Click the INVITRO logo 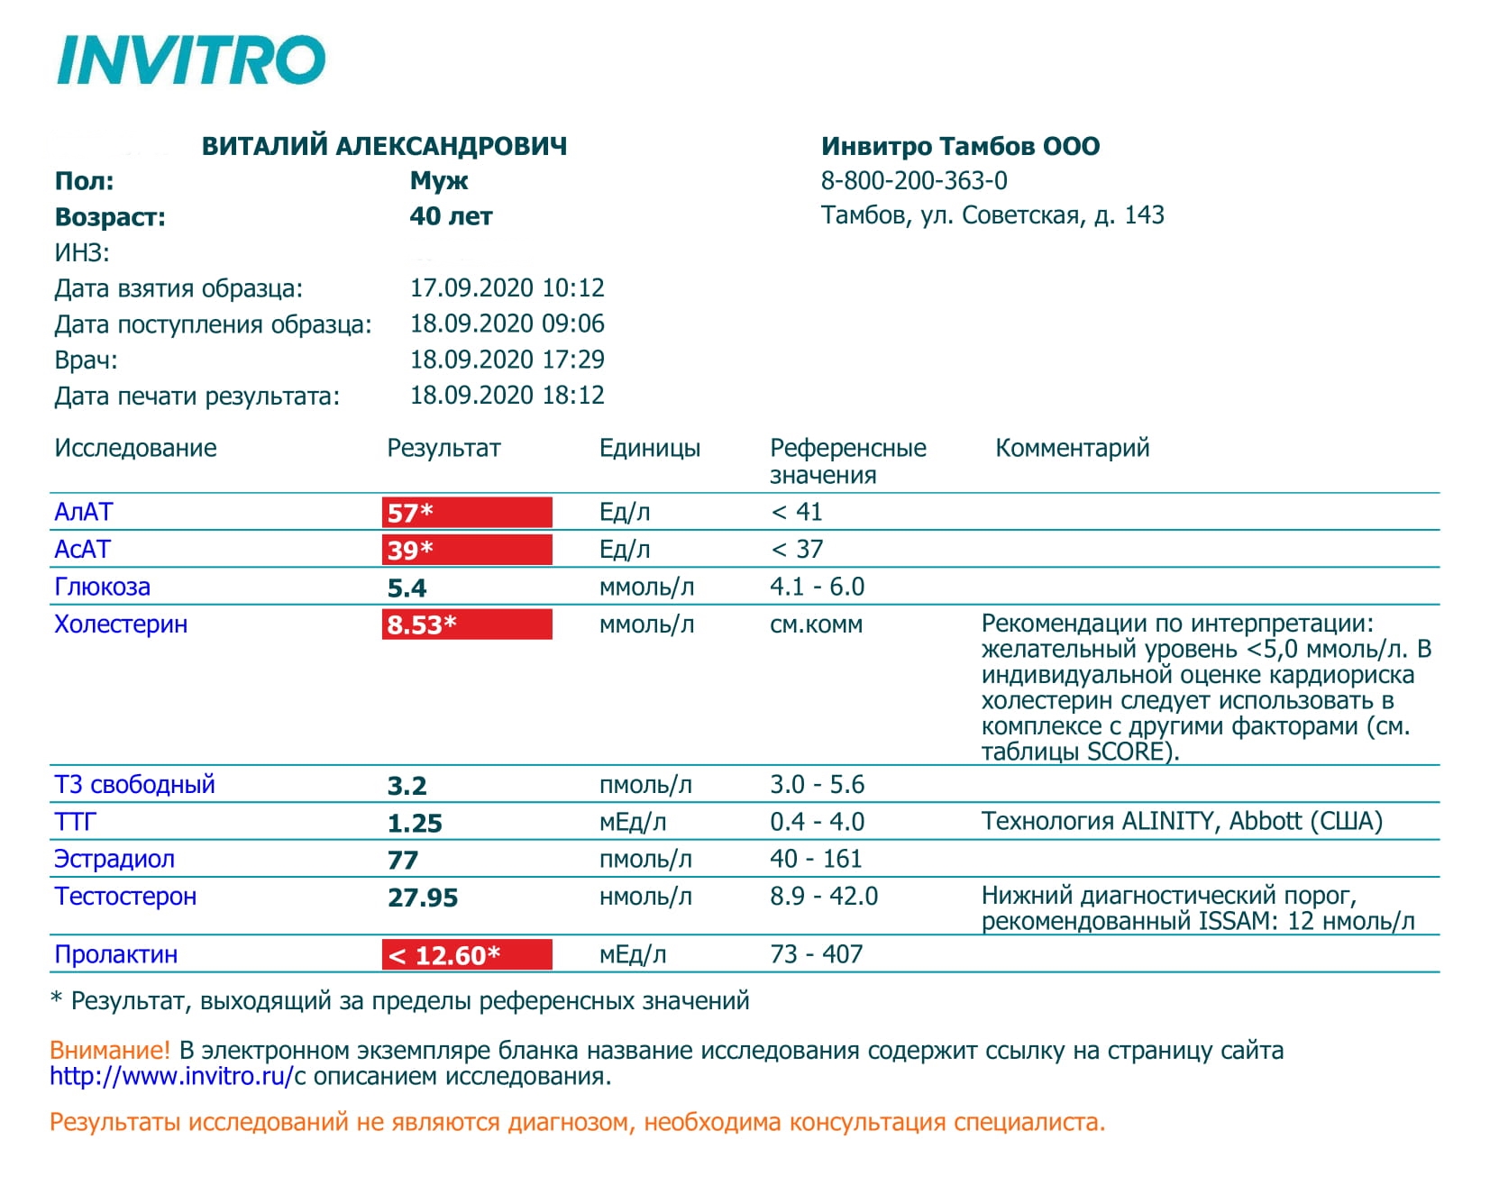click(x=190, y=60)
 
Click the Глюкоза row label click(x=102, y=588)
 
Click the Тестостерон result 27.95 click(x=423, y=898)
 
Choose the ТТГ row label click(x=75, y=822)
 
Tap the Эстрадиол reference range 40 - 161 click(x=816, y=859)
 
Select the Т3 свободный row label click(x=134, y=785)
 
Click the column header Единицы click(x=649, y=448)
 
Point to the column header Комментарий click(x=1072, y=448)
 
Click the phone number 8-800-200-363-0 click(x=914, y=181)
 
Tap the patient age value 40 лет click(x=451, y=216)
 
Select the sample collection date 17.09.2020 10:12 click(x=507, y=288)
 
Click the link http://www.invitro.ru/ click(x=171, y=1076)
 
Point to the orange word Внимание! click(x=109, y=1050)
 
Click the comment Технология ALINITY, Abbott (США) click(x=1182, y=822)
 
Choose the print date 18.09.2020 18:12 click(x=507, y=396)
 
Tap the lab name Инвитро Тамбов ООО click(x=960, y=146)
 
